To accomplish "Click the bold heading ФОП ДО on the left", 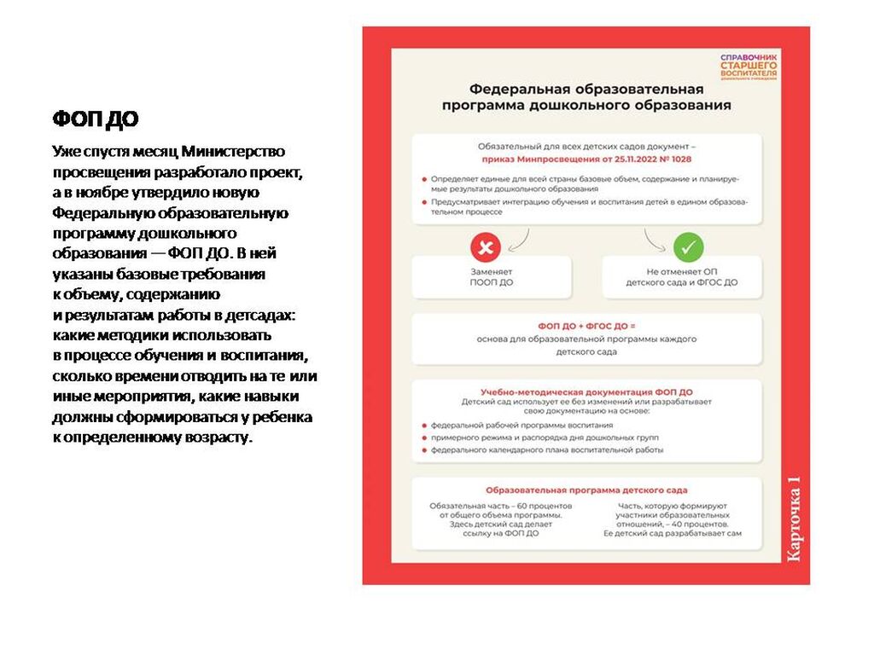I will pyautogui.click(x=95, y=119).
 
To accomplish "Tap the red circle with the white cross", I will pyautogui.click(x=486, y=249).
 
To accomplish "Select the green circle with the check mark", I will pyautogui.click(x=688, y=248).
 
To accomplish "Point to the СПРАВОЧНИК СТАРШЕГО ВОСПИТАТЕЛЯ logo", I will pyautogui.click(x=749, y=66).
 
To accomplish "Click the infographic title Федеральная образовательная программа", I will pyautogui.click(x=586, y=97).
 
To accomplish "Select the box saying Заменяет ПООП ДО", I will pyautogui.click(x=491, y=277).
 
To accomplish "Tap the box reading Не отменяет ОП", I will pyautogui.click(x=681, y=277).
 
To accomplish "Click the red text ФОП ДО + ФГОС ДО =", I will pyautogui.click(x=586, y=326).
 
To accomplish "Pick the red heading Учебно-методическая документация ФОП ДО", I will pyautogui.click(x=586, y=391).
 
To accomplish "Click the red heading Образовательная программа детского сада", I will pyautogui.click(x=586, y=490).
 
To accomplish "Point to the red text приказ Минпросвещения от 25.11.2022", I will pyautogui.click(x=586, y=159).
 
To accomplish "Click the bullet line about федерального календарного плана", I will pyautogui.click(x=547, y=450).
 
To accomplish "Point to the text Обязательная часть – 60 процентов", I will pyautogui.click(x=501, y=506).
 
